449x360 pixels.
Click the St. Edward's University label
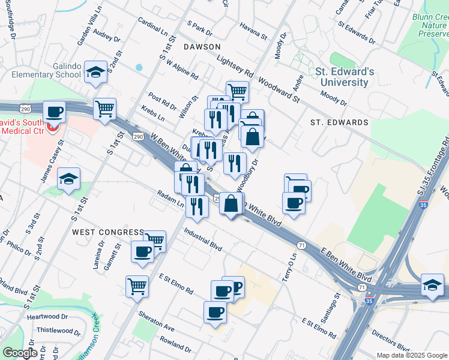[345, 77]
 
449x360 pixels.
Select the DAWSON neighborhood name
[202, 46]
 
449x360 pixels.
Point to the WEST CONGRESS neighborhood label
[108, 232]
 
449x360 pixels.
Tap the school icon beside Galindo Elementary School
[95, 73]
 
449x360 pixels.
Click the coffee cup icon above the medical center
[55, 112]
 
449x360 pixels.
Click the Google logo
[20, 353]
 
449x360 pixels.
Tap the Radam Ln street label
[171, 199]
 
